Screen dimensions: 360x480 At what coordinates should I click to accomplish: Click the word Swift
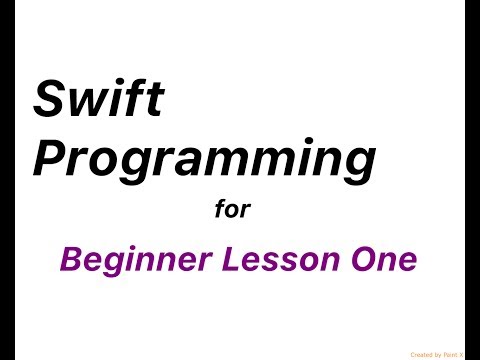coord(99,99)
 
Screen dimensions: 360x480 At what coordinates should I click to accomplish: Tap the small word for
coord(233,210)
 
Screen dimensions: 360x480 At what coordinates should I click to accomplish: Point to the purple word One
coord(384,259)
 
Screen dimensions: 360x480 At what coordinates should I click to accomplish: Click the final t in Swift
coord(154,99)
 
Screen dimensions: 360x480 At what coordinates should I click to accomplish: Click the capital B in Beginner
coord(71,259)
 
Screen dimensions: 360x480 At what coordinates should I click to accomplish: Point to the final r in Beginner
coord(205,262)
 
